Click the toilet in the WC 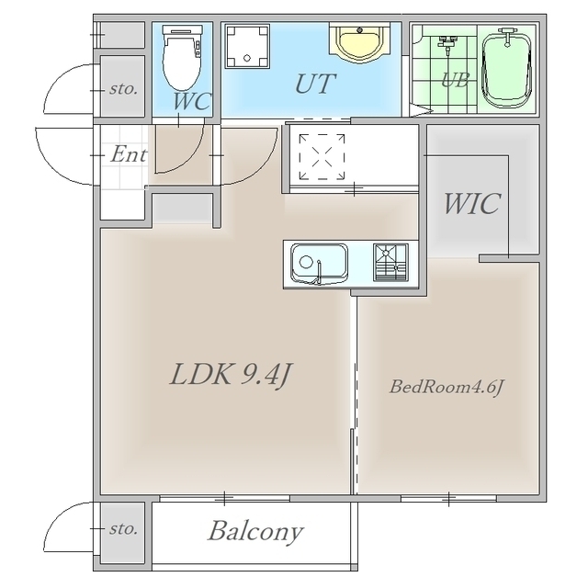coord(182,58)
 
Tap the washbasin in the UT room coord(360,43)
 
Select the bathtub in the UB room coord(507,69)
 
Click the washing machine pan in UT coord(247,46)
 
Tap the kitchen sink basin coord(319,264)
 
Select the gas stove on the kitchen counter coord(390,263)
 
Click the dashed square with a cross coord(322,157)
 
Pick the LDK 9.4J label coord(231,375)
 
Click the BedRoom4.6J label coord(446,387)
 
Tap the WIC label coord(472,204)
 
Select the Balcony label coord(255,531)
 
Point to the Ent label coord(129,154)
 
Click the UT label coord(315,84)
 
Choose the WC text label coord(192,101)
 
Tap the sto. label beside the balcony coord(123,529)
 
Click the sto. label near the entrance coord(123,89)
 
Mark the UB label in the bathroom coord(455,80)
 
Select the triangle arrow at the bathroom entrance coord(421,110)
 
